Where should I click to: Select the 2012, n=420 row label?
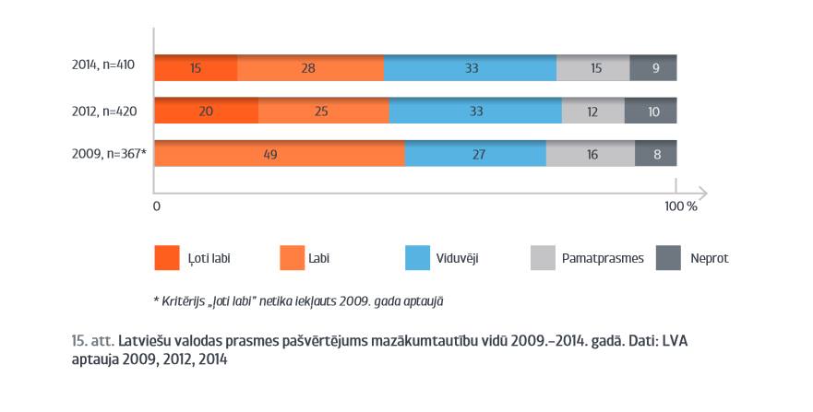104,111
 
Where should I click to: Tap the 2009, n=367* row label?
108,154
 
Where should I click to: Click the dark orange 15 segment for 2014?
196,68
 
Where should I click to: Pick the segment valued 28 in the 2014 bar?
310,68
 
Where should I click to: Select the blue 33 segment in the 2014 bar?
470,68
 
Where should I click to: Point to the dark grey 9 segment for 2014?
653,68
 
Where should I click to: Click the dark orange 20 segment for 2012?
206,112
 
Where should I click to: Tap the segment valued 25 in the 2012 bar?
323,112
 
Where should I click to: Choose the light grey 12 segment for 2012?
593,112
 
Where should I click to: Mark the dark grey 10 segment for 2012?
651,112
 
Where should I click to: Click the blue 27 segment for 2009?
475,154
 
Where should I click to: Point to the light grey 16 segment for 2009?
591,154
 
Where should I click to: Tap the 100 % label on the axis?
680,206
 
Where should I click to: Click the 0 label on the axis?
157,206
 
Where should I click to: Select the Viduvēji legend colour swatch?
418,258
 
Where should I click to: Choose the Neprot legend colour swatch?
667,258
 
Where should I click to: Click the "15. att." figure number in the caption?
92,341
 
